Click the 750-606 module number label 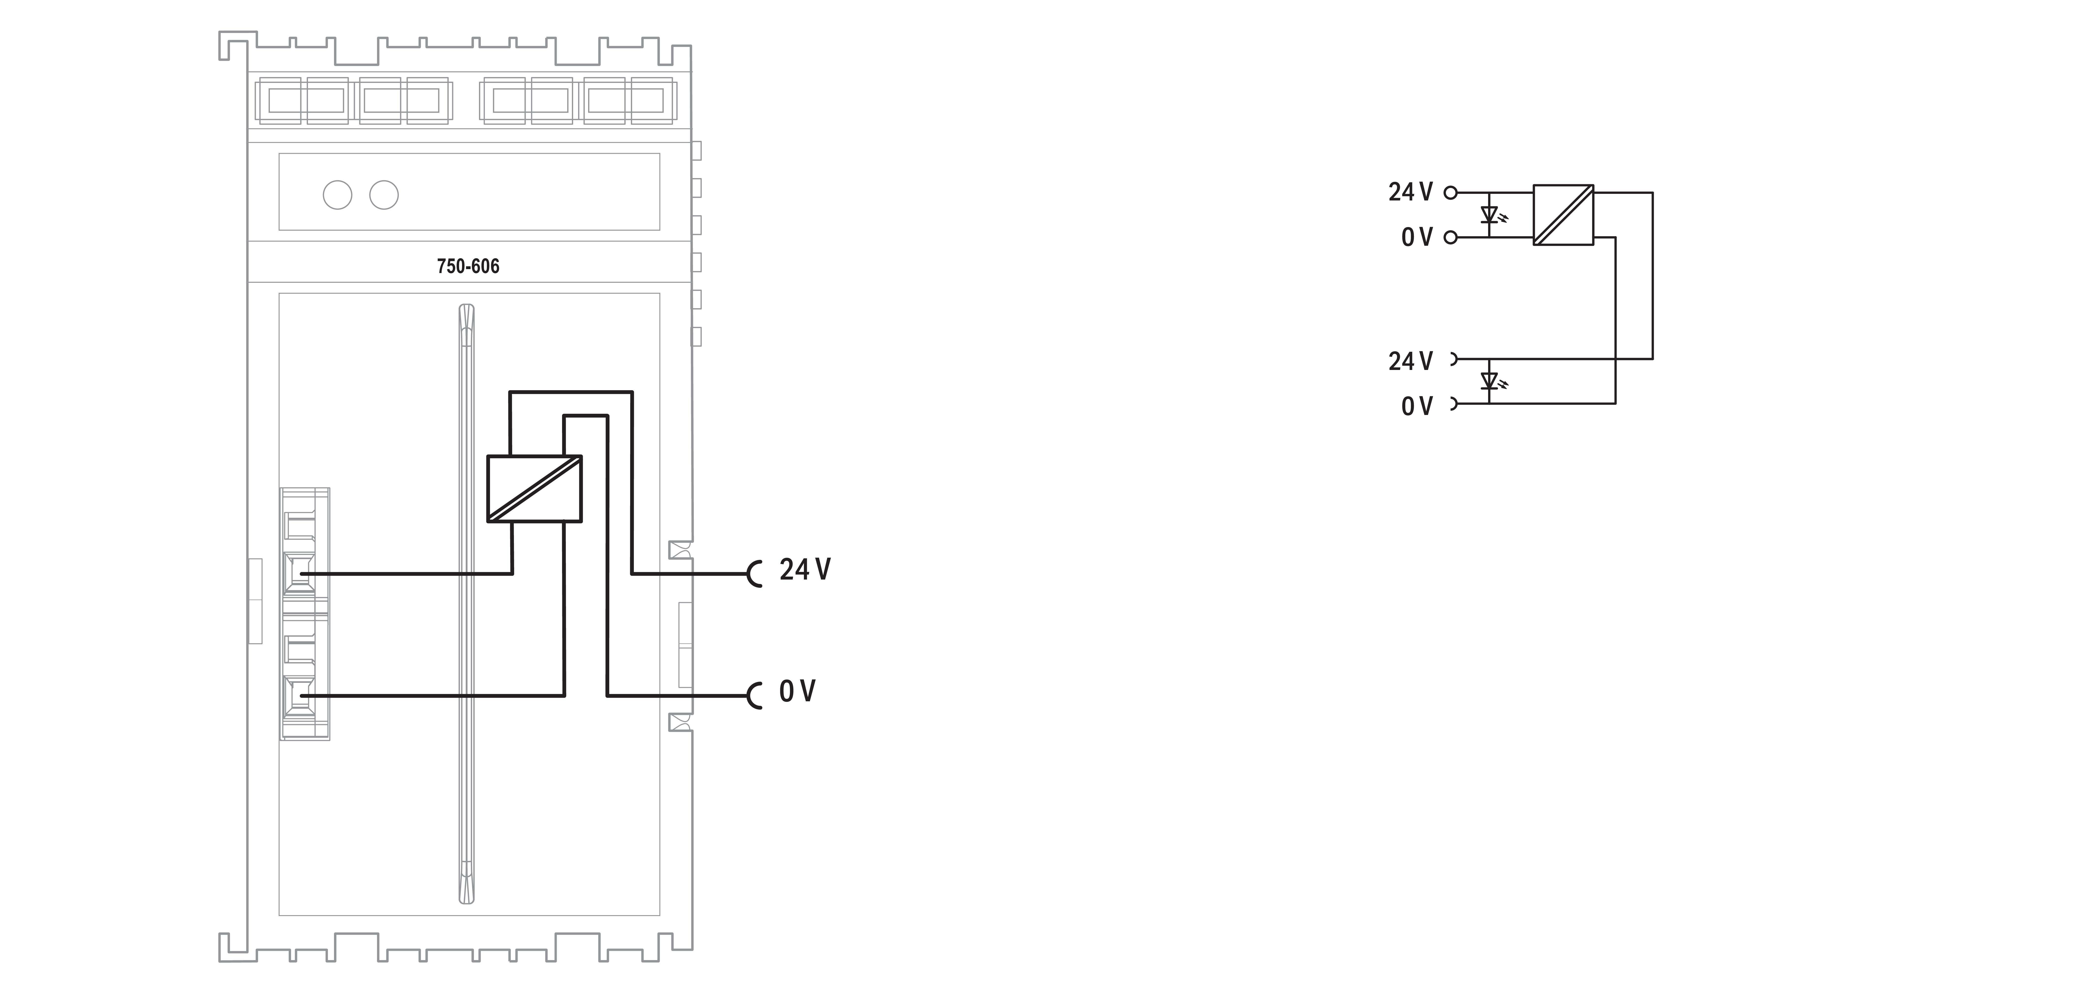click(468, 266)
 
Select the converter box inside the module click(534, 488)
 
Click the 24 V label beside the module click(805, 570)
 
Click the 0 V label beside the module click(797, 692)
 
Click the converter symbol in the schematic click(1563, 215)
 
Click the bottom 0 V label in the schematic click(1417, 406)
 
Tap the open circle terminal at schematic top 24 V click(1451, 192)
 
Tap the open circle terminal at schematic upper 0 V click(1451, 237)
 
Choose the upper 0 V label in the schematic click(1417, 237)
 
